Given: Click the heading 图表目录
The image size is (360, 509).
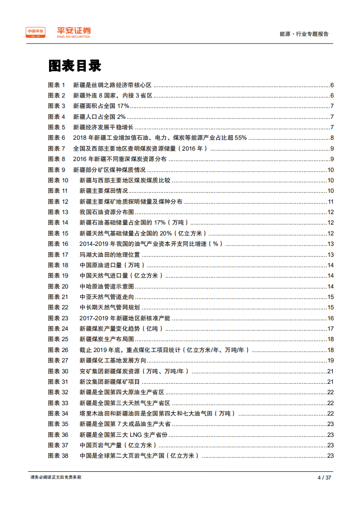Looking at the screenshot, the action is (74, 66).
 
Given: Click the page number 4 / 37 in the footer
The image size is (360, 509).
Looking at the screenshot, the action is (324, 477).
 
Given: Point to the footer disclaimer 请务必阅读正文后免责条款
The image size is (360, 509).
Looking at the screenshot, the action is (56, 477).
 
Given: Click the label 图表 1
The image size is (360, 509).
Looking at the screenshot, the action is (57, 85).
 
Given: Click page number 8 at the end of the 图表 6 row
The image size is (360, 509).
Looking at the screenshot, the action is (332, 138).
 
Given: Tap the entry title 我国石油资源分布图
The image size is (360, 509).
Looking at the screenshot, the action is (107, 212).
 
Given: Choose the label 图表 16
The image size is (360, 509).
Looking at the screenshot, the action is (58, 244).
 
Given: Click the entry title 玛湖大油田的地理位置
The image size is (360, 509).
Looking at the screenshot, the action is (109, 254).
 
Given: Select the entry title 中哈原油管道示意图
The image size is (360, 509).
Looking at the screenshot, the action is (107, 286).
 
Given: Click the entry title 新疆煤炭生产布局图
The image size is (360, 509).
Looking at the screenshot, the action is (107, 339).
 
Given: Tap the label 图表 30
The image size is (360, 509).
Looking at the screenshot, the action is (58, 371).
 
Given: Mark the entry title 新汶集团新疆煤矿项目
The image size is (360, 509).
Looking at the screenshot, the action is (109, 382).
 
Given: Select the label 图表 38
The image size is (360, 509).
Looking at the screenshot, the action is (58, 455).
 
